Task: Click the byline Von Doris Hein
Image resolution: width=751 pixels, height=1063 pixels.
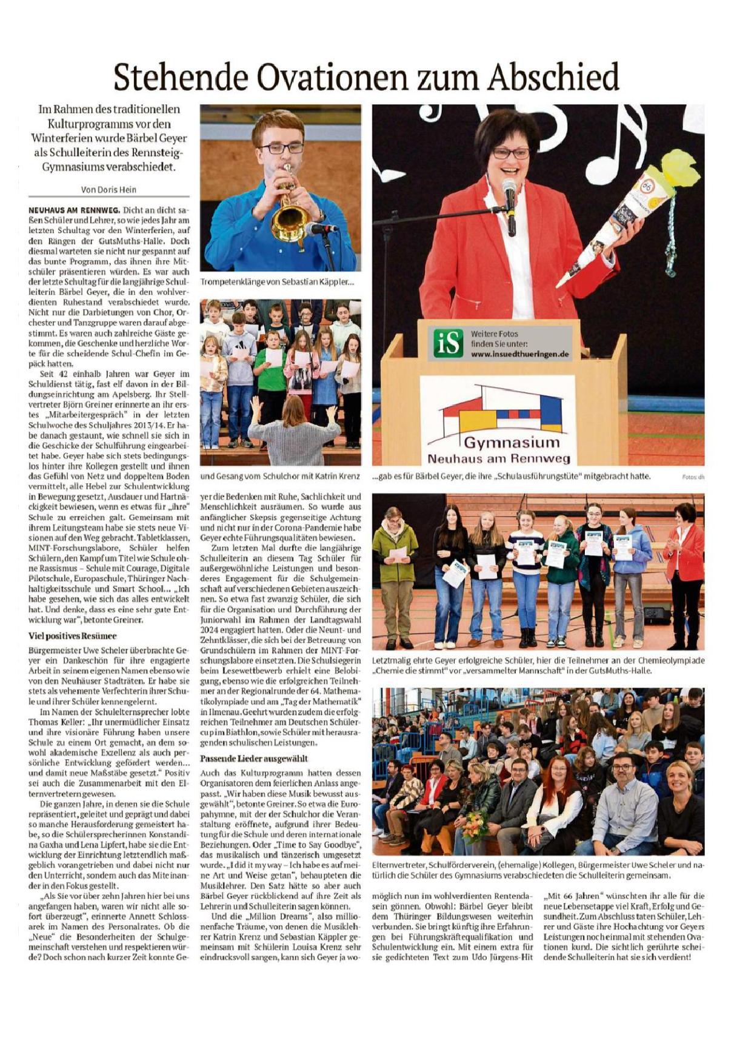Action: [108, 190]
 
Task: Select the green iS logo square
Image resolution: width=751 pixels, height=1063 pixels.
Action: [448, 344]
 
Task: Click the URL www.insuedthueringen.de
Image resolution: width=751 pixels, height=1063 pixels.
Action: [520, 354]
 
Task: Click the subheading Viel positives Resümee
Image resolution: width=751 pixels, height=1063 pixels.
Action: [72, 636]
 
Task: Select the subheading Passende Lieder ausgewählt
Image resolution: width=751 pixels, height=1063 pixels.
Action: [254, 759]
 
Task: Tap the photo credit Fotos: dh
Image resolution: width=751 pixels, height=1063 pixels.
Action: [693, 477]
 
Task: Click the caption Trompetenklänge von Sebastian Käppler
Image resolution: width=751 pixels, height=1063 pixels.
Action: [277, 282]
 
